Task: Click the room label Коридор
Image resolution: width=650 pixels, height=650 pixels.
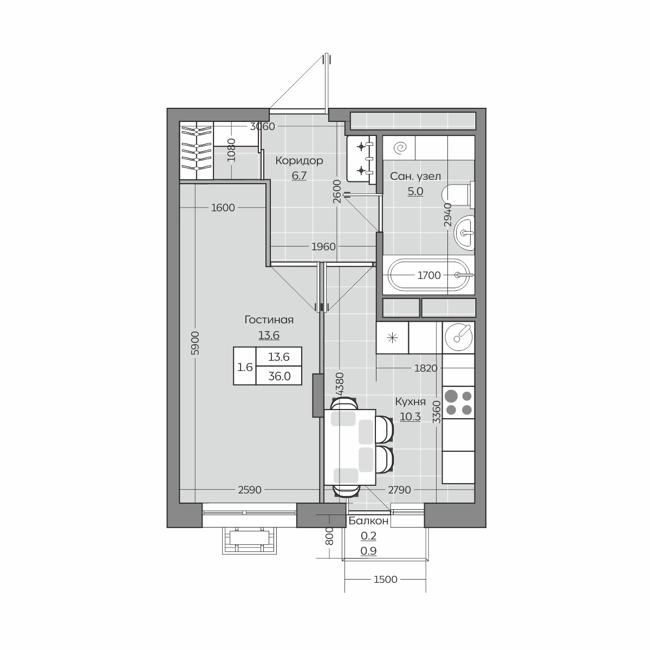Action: [x=299, y=160]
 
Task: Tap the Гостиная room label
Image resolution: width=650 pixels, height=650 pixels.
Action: [x=269, y=320]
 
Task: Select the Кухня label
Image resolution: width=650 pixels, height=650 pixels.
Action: [x=410, y=402]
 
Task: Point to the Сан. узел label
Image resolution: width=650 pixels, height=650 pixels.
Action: [x=415, y=176]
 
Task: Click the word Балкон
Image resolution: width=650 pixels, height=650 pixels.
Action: [x=368, y=521]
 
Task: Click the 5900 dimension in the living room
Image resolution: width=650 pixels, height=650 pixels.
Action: [x=196, y=343]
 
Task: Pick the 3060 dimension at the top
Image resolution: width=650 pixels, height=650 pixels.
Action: [x=262, y=127]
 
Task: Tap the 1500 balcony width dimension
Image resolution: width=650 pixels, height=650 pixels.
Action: [x=385, y=580]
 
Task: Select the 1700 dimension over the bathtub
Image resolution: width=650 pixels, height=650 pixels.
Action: [x=429, y=276]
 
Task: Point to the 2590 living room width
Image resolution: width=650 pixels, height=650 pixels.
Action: [x=250, y=490]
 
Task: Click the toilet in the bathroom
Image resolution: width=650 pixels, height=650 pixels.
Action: [x=458, y=194]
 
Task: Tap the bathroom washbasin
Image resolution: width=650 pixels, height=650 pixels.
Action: [x=464, y=233]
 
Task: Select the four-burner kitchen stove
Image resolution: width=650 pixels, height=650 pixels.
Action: [x=458, y=402]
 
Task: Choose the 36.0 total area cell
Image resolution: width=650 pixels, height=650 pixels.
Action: [x=279, y=376]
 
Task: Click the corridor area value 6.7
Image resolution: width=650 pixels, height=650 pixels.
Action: [x=299, y=175]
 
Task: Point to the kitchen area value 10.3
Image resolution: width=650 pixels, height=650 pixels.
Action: [x=410, y=417]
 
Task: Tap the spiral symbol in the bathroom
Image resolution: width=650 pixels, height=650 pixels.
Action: [x=400, y=147]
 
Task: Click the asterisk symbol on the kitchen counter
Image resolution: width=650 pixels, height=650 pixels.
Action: [x=392, y=337]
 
